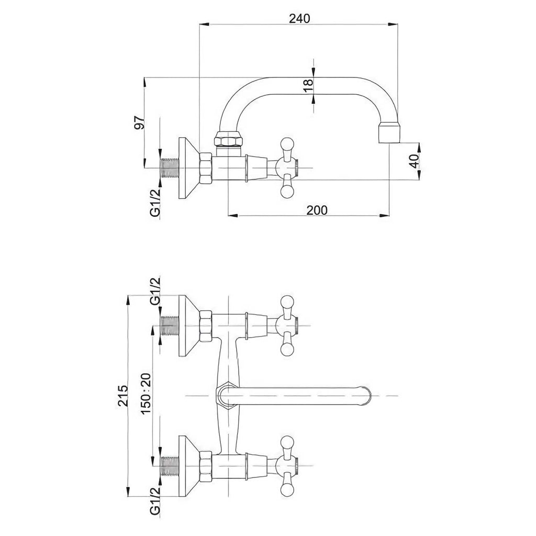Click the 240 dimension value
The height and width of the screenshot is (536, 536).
tap(299, 18)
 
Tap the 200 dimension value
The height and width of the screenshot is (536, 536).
tap(317, 210)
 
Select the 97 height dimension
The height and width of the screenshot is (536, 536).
tap(139, 122)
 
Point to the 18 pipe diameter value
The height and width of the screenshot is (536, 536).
tap(308, 85)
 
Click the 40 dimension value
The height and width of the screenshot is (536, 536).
tap(414, 161)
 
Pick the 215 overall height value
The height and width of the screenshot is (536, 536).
tap(122, 396)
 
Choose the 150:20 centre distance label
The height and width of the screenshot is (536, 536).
tap(146, 394)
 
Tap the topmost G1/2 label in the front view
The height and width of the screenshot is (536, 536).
tap(155, 291)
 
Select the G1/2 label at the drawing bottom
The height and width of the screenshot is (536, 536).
tap(155, 501)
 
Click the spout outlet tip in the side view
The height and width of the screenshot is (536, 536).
tap(389, 133)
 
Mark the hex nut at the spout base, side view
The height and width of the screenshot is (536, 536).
tap(229, 139)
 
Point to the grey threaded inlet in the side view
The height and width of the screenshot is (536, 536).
tap(170, 168)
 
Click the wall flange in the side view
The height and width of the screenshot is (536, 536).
tap(189, 168)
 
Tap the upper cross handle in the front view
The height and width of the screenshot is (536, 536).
tap(287, 325)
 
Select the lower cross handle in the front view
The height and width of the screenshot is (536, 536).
tap(287, 466)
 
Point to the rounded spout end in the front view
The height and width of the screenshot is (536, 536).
tap(365, 396)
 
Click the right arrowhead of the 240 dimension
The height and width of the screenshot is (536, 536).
tap(393, 24)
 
